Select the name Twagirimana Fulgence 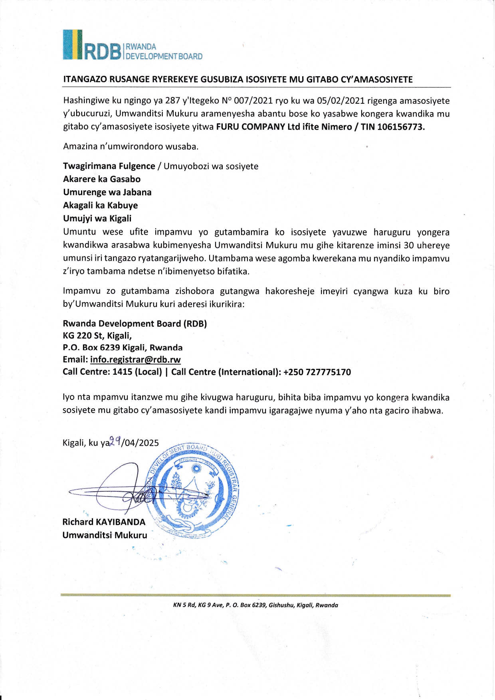[109, 166]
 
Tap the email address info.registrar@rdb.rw [135, 360]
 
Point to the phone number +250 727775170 [317, 372]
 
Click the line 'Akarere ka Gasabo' [102, 179]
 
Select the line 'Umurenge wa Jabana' [107, 192]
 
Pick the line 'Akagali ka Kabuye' [100, 206]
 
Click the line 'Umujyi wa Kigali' [97, 219]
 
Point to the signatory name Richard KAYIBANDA [104, 522]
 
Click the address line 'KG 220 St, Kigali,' [97, 336]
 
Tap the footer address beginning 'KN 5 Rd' [255, 605]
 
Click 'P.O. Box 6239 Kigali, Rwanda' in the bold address [123, 348]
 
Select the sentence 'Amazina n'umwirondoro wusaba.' [131, 146]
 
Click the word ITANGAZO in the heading [85, 79]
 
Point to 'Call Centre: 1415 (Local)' [112, 372]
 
